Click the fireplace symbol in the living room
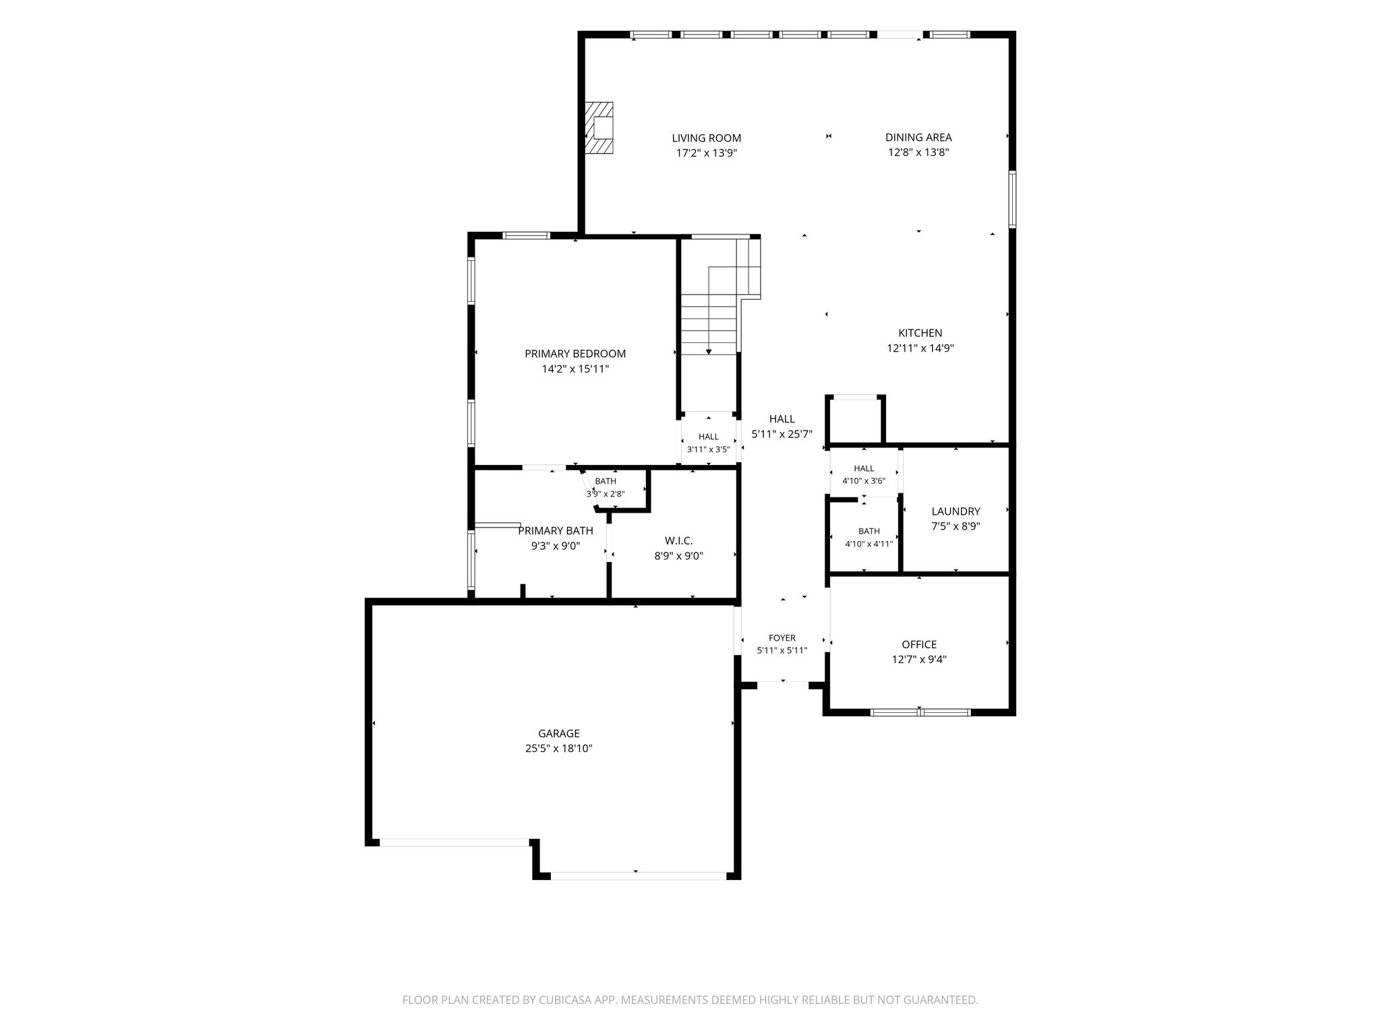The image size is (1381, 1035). coord(599,127)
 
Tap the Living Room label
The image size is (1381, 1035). coord(706,138)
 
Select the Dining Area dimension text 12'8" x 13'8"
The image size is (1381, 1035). coord(918,152)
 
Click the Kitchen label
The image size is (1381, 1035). coord(920,333)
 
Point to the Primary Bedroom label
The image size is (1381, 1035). coord(575,354)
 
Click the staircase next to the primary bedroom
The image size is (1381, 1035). coord(718,296)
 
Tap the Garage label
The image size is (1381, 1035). coord(559,733)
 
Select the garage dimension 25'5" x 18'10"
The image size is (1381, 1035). coord(559,749)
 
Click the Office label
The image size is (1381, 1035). coord(919,644)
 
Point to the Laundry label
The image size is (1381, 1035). coord(956,511)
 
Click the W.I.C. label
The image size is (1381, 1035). coord(678,540)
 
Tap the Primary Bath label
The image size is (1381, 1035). coord(556,531)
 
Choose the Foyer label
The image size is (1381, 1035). coord(782,637)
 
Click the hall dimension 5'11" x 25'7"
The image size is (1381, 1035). coord(782,435)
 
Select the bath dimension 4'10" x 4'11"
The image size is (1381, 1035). coord(869,544)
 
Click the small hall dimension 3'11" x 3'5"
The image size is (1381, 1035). coord(708,449)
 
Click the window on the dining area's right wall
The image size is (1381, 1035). coord(1012,199)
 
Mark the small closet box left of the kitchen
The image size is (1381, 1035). coord(855,420)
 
